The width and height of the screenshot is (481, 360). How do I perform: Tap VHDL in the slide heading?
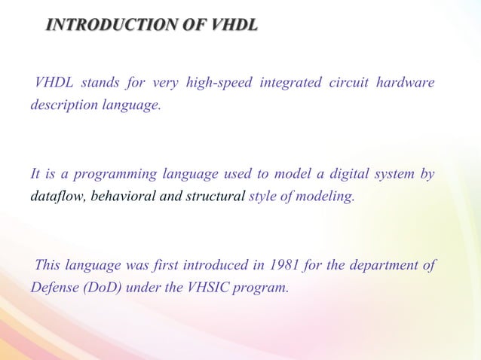234,26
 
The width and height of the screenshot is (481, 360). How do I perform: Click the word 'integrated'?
290,83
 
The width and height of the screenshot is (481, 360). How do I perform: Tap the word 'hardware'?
406,83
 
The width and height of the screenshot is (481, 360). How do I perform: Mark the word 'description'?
63,105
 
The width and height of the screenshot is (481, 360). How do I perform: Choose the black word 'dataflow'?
58,197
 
